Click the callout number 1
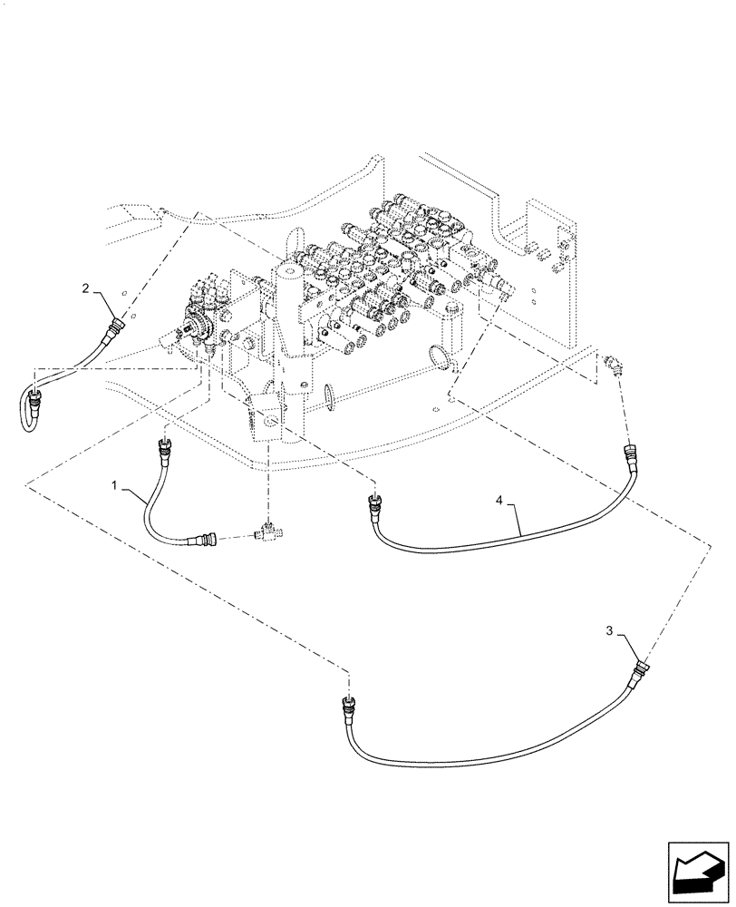pos(115,487)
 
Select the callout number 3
pos(611,629)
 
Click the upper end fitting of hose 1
pos(165,446)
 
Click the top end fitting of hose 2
pos(113,324)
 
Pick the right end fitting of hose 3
pos(642,670)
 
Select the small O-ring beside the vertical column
pos(328,395)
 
